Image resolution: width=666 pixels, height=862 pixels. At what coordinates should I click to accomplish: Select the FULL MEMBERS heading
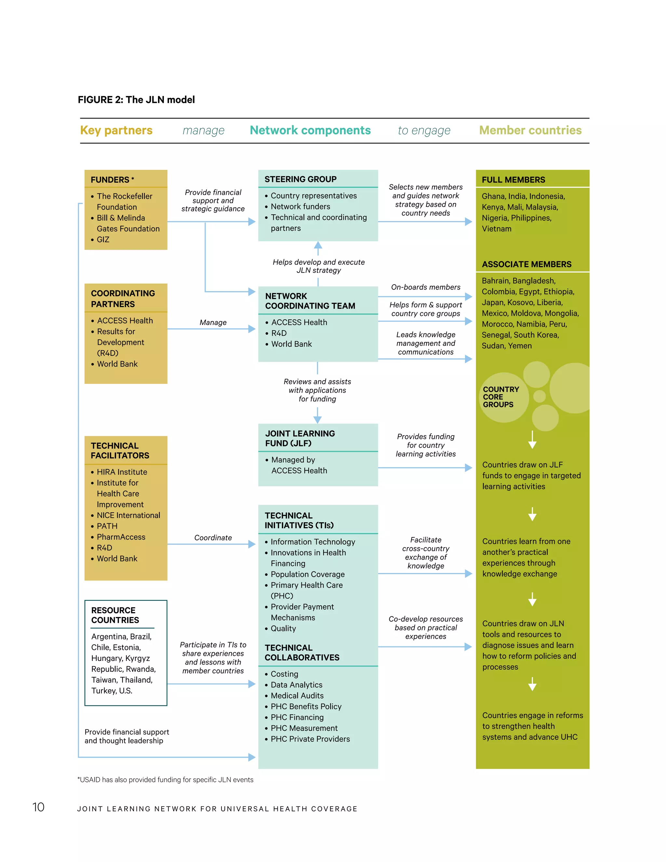click(x=513, y=180)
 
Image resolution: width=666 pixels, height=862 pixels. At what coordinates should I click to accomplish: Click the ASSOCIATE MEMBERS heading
click(x=526, y=264)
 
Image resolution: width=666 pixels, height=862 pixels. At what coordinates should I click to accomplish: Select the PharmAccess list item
click(x=121, y=537)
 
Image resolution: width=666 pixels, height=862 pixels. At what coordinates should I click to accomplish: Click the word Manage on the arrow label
click(x=213, y=322)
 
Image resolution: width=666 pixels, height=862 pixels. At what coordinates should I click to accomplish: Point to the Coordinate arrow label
click(x=213, y=538)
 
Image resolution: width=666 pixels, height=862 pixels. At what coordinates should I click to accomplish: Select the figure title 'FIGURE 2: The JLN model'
click(x=136, y=100)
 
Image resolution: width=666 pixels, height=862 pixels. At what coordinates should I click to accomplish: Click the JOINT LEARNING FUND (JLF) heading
click(x=300, y=438)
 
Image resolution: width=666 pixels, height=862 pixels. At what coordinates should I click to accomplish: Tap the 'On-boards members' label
click(x=425, y=287)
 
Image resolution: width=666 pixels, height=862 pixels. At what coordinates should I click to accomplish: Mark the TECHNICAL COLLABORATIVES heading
click(x=302, y=653)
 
